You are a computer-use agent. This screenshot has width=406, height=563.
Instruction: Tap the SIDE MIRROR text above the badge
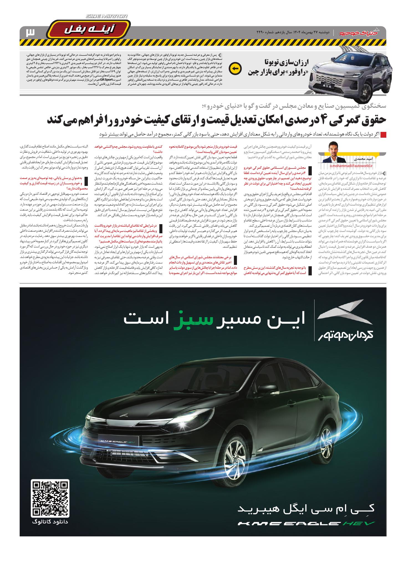click(107, 17)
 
